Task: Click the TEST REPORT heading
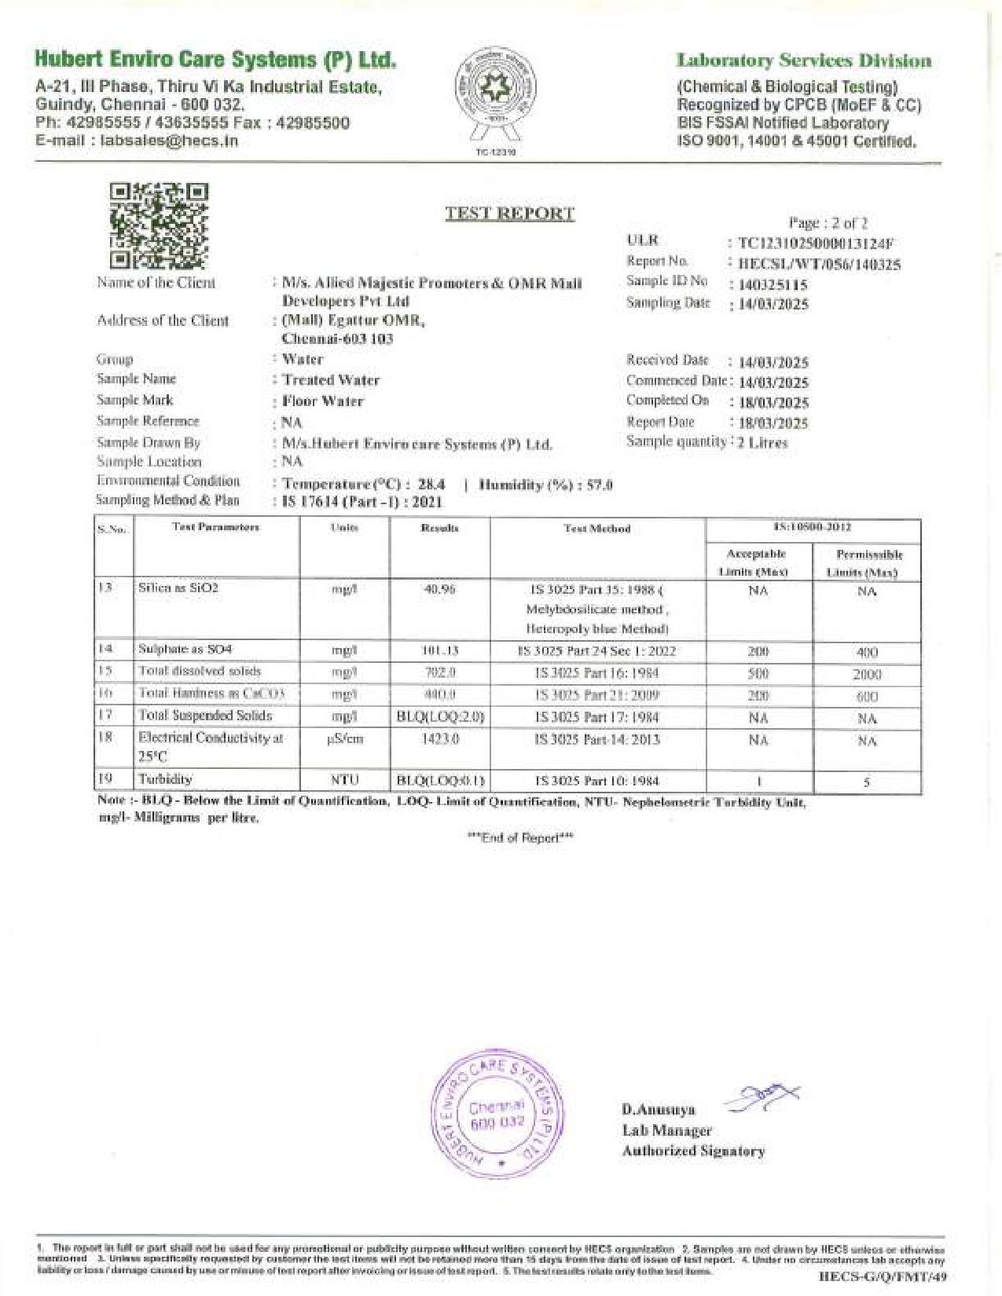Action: coord(509,214)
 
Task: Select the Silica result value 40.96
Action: coord(439,589)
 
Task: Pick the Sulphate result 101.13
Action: coord(439,650)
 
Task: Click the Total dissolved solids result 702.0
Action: coord(439,672)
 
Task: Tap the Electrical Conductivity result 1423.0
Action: coord(439,739)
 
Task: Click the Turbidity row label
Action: coord(165,779)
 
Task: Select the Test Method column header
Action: coord(597,529)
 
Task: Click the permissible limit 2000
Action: coord(867,674)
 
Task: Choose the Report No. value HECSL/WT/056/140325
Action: coord(820,265)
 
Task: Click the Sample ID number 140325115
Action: coord(773,284)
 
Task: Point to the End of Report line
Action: coord(520,837)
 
